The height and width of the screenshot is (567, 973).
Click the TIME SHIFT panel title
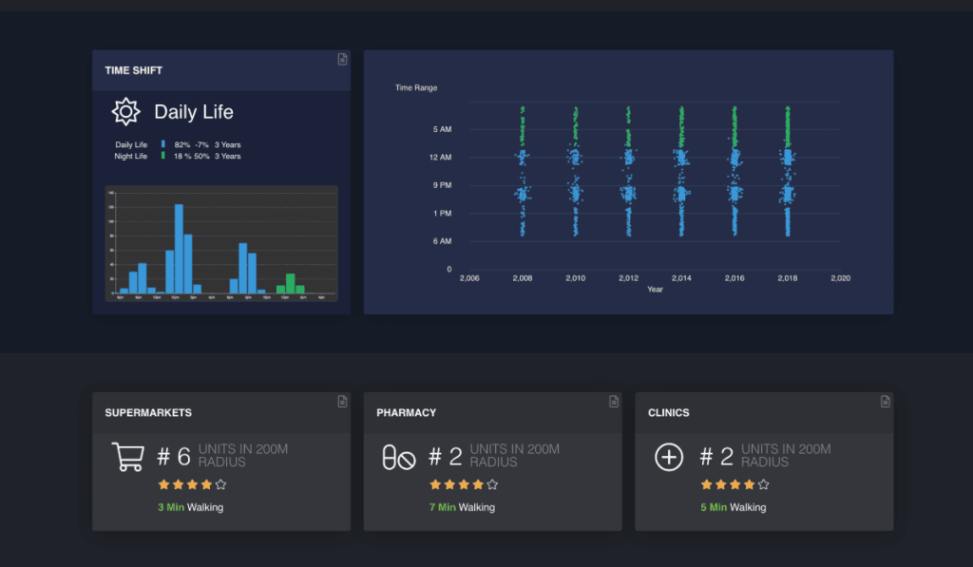pyautogui.click(x=134, y=70)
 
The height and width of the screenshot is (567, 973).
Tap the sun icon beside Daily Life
pyautogui.click(x=125, y=112)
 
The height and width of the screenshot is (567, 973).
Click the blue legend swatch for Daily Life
pyautogui.click(x=162, y=144)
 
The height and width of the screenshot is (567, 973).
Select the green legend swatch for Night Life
pyautogui.click(x=162, y=156)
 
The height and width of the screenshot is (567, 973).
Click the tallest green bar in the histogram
pyautogui.click(x=290, y=283)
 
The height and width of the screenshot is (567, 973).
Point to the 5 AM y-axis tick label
pyautogui.click(x=442, y=129)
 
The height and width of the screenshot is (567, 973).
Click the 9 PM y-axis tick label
pyautogui.click(x=442, y=185)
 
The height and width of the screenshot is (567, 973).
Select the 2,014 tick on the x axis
pyautogui.click(x=681, y=278)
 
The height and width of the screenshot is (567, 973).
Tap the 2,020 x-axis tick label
pyautogui.click(x=840, y=278)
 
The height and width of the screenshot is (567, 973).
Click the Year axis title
pyautogui.click(x=655, y=290)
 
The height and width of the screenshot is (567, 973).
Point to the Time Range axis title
pyautogui.click(x=416, y=87)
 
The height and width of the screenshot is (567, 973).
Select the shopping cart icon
pyautogui.click(x=127, y=457)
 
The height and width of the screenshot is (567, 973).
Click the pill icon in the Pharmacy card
pyautogui.click(x=398, y=458)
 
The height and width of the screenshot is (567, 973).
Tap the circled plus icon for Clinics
pyautogui.click(x=669, y=457)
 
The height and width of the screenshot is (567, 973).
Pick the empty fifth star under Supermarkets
pyautogui.click(x=220, y=484)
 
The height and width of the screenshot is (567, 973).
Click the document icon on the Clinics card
pyautogui.click(x=886, y=402)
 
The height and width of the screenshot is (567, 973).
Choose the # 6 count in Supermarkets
pyautogui.click(x=174, y=457)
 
